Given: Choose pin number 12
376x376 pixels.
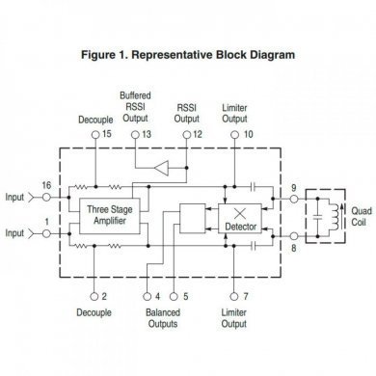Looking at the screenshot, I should [198, 135].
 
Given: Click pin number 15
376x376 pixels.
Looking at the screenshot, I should [106, 135].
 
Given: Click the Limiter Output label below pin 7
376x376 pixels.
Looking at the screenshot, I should [234, 319].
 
